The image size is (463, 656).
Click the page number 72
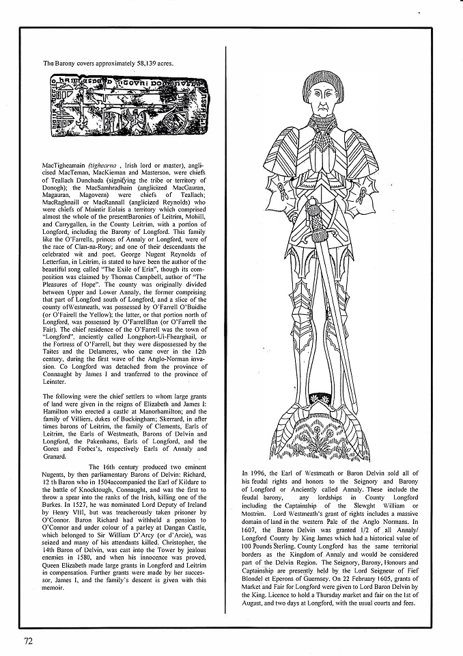tap(28, 640)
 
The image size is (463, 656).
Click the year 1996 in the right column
tap(263, 473)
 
